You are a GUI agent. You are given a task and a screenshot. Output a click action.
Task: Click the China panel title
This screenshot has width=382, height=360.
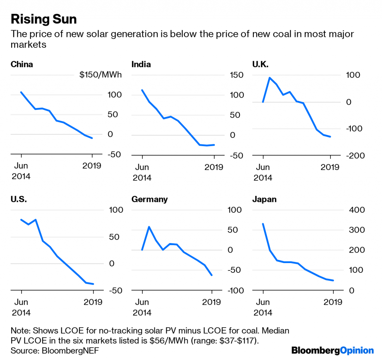tap(22, 64)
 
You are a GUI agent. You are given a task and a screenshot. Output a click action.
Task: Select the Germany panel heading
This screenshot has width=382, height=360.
tap(150, 199)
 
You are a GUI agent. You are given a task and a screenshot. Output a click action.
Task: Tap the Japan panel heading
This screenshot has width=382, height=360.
tap(264, 199)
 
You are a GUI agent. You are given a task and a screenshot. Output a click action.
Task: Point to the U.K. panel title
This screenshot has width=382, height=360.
tap(260, 64)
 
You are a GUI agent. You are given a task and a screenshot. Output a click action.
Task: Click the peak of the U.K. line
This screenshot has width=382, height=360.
tap(270, 78)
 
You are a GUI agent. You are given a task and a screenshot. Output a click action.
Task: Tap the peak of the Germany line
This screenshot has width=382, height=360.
tap(149, 227)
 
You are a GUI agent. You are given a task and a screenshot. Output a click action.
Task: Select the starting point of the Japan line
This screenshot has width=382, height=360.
tap(263, 224)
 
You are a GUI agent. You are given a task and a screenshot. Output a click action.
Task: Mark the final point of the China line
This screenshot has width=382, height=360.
tap(92, 138)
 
